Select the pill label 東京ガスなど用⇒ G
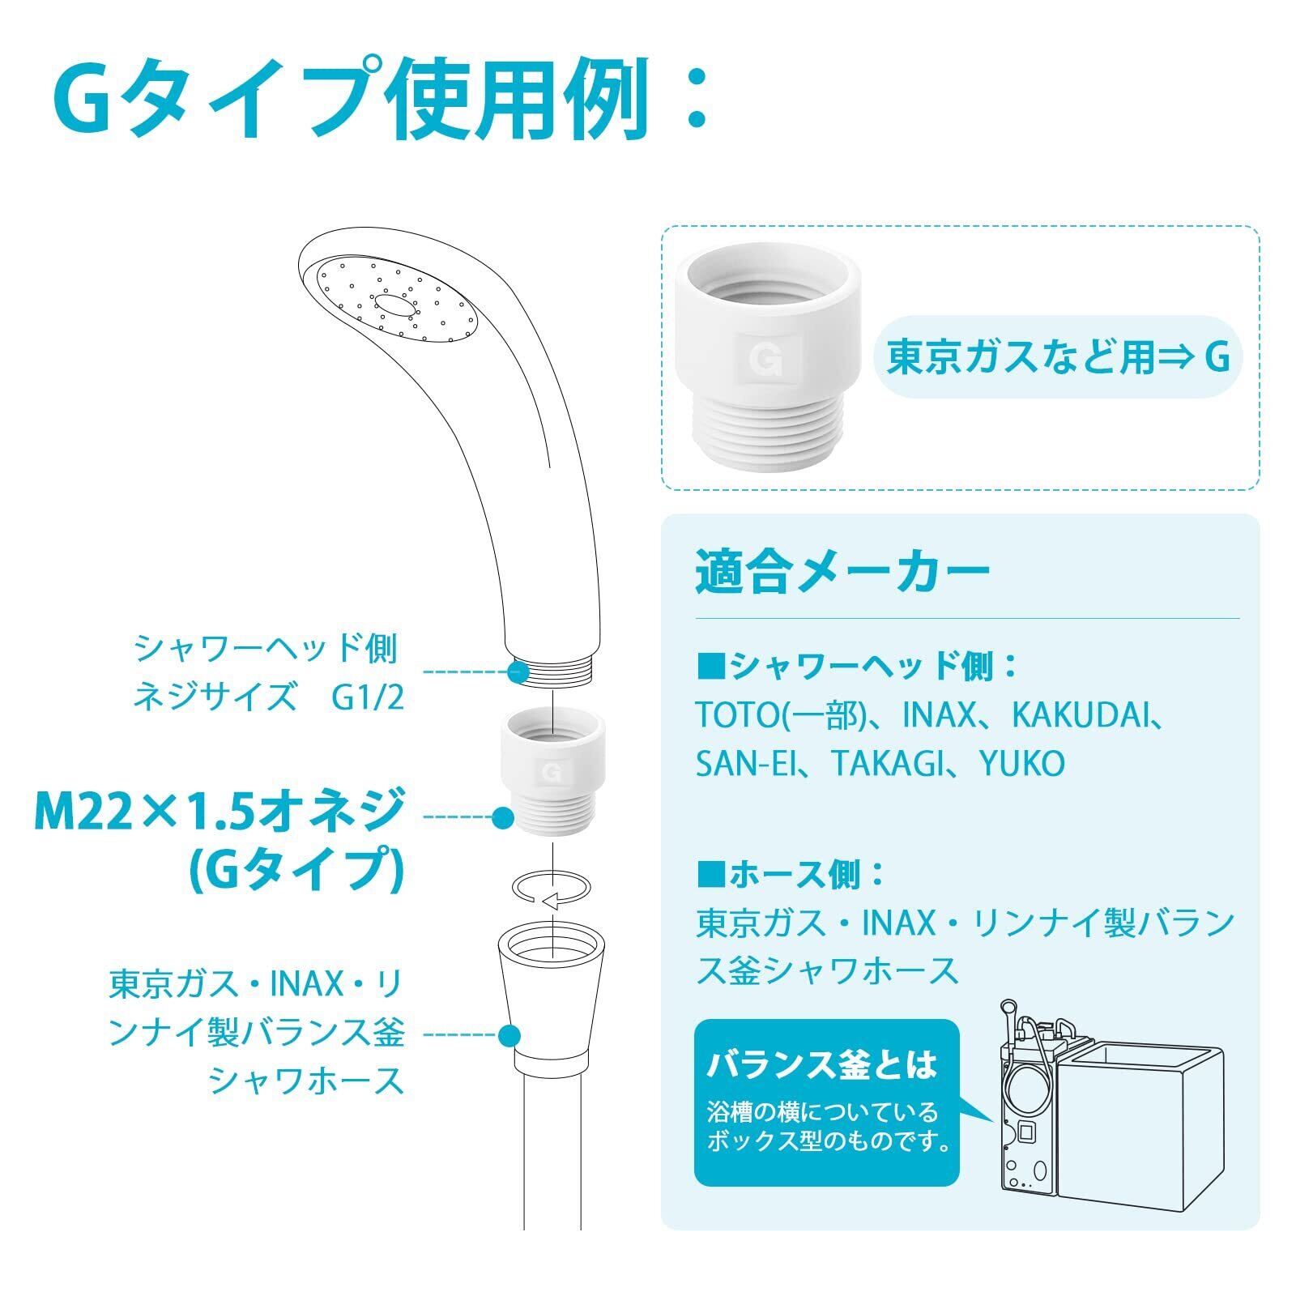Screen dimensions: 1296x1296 pyautogui.click(x=1058, y=356)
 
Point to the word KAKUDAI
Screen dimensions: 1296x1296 pyautogui.click(x=1077, y=715)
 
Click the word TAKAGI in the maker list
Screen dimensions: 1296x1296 pyautogui.click(x=890, y=763)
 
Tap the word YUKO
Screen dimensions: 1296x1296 pyautogui.click(x=1022, y=763)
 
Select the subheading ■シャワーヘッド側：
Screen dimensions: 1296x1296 pyautogui.click(x=857, y=667)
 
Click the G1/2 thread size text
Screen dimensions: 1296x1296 pyautogui.click(x=367, y=697)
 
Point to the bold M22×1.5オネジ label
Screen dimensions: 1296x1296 pyautogui.click(x=220, y=812)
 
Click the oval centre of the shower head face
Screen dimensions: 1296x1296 pyautogui.click(x=394, y=305)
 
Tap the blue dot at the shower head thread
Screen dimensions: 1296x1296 pyautogui.click(x=516, y=671)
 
